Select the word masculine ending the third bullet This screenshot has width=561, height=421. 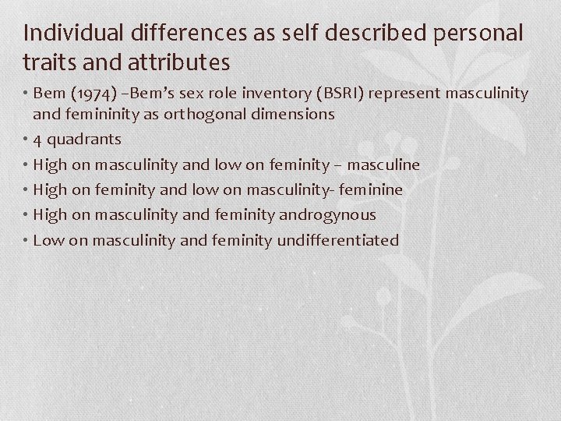tap(383, 165)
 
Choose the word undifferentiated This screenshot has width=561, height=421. tap(337, 239)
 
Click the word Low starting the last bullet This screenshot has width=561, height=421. tap(48, 239)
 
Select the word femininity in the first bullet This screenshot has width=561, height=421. tap(100, 114)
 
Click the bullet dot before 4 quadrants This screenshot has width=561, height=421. tap(26, 140)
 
